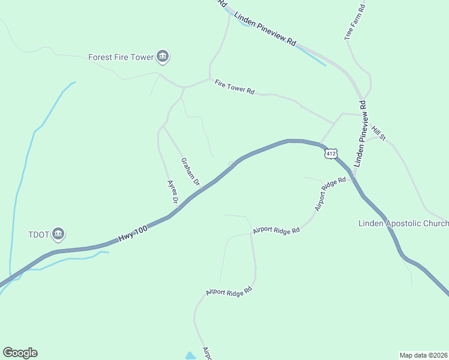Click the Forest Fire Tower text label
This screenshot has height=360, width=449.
tap(121, 58)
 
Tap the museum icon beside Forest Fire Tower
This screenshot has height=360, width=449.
tap(162, 57)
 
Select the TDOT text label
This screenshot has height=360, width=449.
tap(38, 234)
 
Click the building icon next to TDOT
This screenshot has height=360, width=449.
tap(58, 233)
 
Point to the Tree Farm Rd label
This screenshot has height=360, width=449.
tap(355, 23)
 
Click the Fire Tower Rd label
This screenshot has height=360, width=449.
tap(235, 87)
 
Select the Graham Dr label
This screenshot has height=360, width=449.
tap(190, 171)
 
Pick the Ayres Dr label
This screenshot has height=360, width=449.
tap(172, 191)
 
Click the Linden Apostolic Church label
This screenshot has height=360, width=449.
tap(403, 224)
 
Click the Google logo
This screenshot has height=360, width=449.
tap(20, 353)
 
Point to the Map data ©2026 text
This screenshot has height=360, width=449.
tap(424, 355)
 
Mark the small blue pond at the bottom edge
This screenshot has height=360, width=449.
tap(191, 356)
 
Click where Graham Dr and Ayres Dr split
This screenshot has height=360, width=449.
tap(163, 126)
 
